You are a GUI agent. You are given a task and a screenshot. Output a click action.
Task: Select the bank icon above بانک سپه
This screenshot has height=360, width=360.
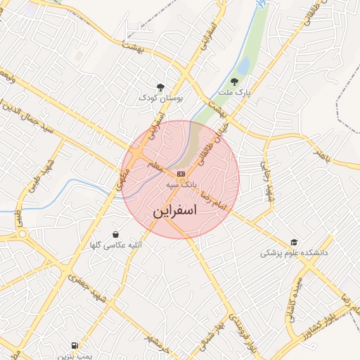pyautogui.click(x=181, y=173)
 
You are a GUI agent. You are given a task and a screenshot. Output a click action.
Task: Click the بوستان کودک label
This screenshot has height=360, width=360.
pyautogui.click(x=160, y=98)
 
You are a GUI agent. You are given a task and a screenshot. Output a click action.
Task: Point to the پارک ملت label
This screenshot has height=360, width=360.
pyautogui.click(x=235, y=92)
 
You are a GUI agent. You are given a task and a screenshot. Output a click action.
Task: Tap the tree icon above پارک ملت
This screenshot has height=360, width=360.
pyautogui.click(x=235, y=82)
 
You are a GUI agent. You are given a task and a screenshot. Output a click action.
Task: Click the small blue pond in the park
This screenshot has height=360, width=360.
pyautogui.click(x=243, y=66)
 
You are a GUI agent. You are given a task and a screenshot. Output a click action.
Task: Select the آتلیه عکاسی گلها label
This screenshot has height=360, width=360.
pyautogui.click(x=115, y=245)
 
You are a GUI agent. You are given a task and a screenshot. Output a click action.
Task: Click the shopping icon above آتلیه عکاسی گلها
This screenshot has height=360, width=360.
pyautogui.click(x=115, y=234)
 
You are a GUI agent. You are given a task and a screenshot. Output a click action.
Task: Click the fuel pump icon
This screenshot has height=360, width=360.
pyautogui.click(x=75, y=345)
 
